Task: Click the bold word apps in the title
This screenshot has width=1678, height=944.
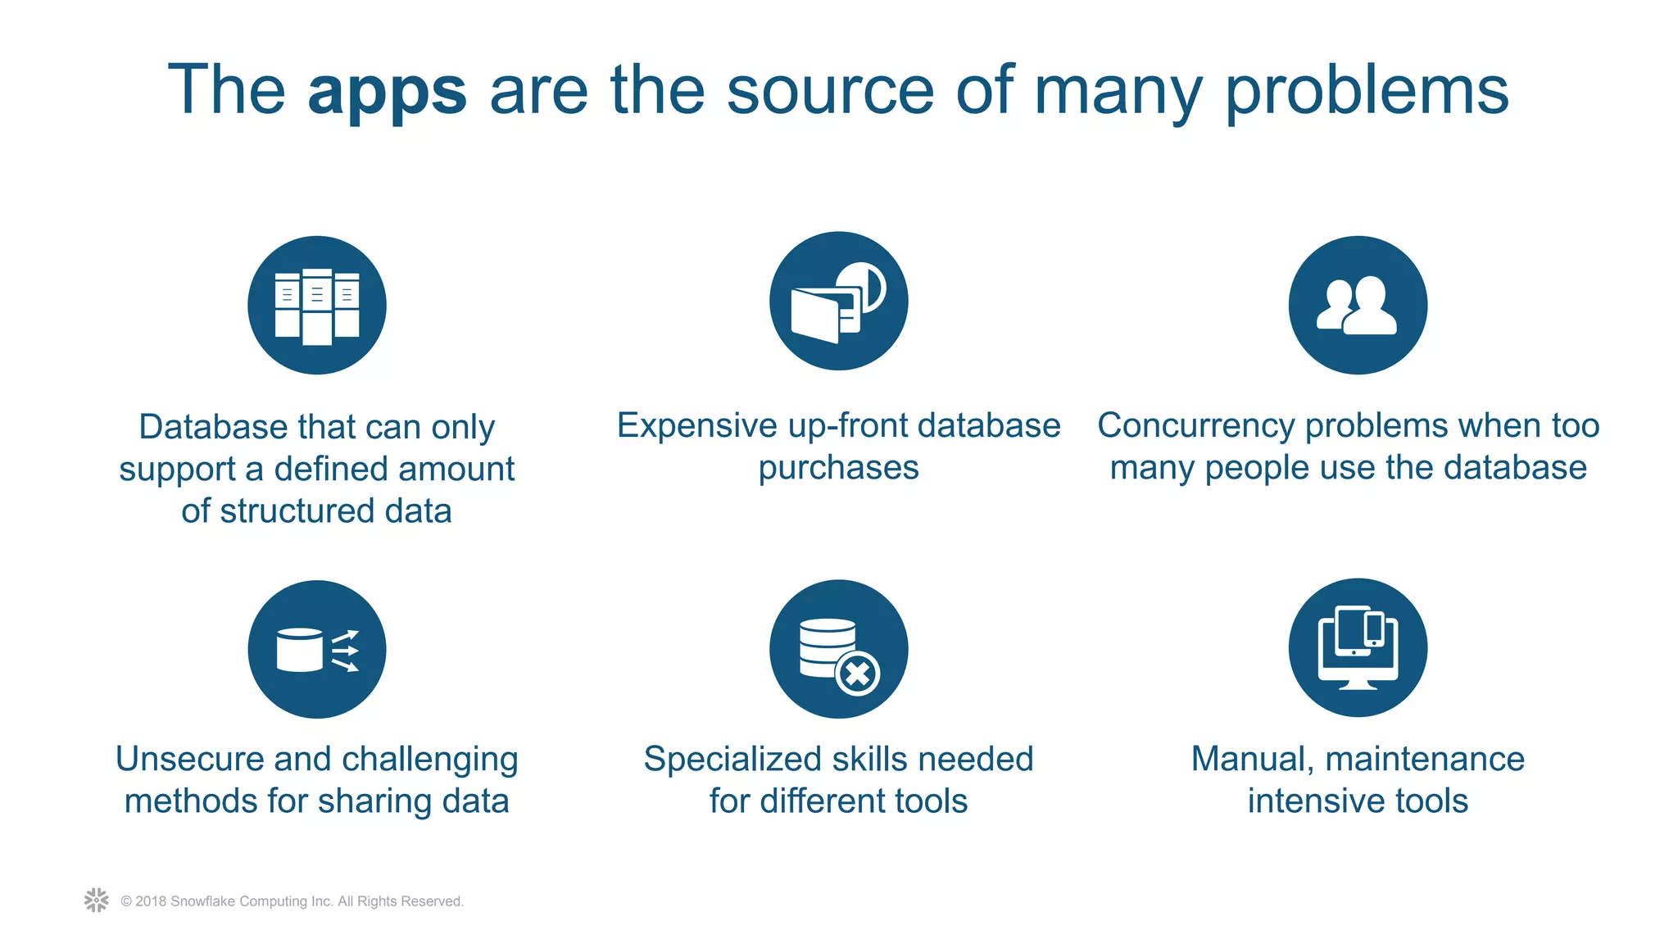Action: click(x=387, y=92)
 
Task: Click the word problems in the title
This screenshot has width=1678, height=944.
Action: click(x=1367, y=92)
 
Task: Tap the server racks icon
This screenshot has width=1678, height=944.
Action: click(x=317, y=306)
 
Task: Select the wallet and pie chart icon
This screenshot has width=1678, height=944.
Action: click(x=838, y=302)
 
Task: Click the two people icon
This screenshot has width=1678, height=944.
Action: click(x=1358, y=306)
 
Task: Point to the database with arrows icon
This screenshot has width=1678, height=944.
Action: click(x=317, y=650)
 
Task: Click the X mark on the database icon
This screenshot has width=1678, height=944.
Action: click(x=858, y=674)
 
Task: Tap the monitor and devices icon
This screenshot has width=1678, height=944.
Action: click(x=1358, y=648)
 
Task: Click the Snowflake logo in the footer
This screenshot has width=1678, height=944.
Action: click(x=97, y=900)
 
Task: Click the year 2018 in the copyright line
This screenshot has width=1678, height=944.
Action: click(x=151, y=901)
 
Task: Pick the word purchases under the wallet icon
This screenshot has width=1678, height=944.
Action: click(x=838, y=469)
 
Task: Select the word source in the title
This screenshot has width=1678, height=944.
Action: click(x=830, y=92)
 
